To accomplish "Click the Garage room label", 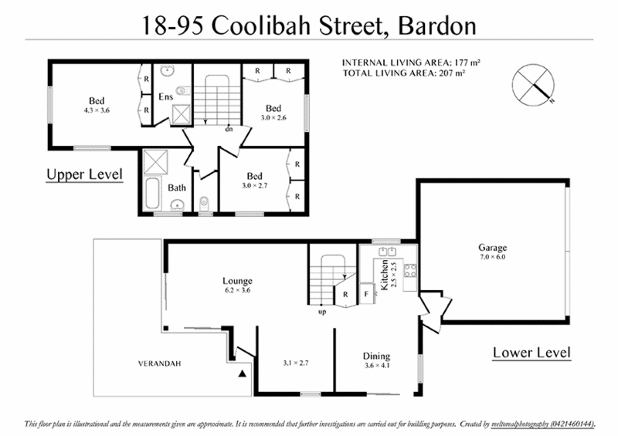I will point(492,248).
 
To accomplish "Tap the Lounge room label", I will point(236,281).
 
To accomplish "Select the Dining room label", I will point(377,356).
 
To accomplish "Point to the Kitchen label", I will point(384,275).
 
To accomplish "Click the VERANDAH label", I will point(160,363).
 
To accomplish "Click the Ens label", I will point(166,97).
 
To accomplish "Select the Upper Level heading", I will point(85,175).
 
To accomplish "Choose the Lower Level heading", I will point(531,353).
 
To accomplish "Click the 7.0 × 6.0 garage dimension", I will point(492,257).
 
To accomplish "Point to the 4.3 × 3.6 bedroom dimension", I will point(97,110).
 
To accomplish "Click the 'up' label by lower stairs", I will point(321,313).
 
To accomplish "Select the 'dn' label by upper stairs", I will point(229,129).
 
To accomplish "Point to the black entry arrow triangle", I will point(243,373).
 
